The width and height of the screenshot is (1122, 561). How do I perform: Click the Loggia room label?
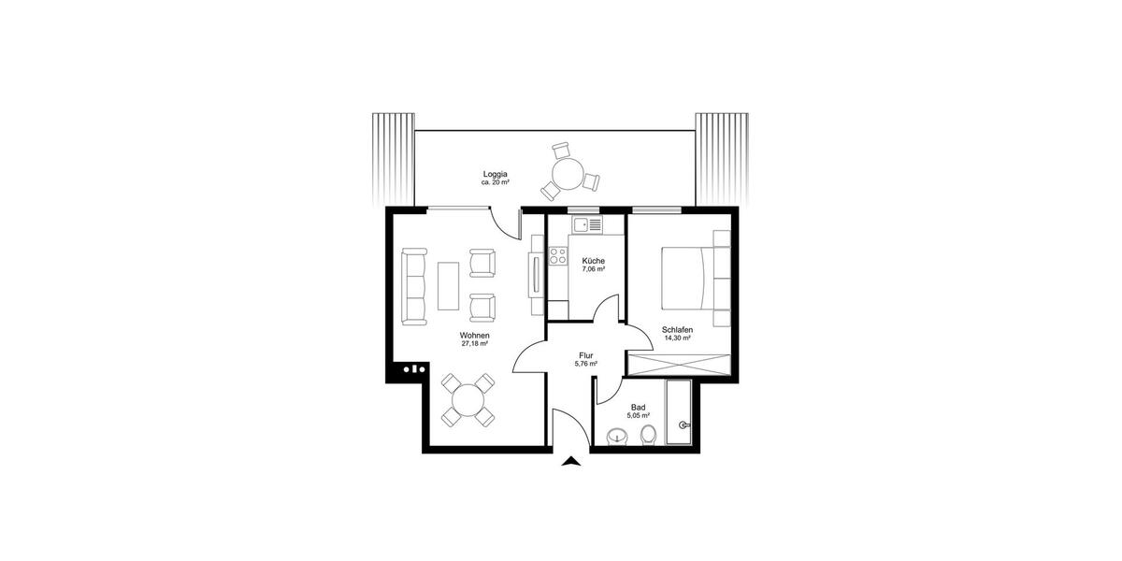496,174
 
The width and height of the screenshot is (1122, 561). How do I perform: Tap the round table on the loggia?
567,174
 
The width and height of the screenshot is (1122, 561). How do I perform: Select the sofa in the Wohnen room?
413,286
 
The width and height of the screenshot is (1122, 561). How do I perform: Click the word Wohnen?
475,335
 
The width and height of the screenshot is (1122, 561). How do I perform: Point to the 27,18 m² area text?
475,344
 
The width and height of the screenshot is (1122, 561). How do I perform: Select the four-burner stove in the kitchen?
559,255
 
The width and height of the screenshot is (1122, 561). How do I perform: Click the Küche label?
593,261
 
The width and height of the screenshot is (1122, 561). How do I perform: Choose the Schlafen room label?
676,330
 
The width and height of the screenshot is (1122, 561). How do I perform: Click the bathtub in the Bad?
677,416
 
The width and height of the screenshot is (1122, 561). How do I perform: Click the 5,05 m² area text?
639,417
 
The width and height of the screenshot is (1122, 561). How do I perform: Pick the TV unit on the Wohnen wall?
535,275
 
